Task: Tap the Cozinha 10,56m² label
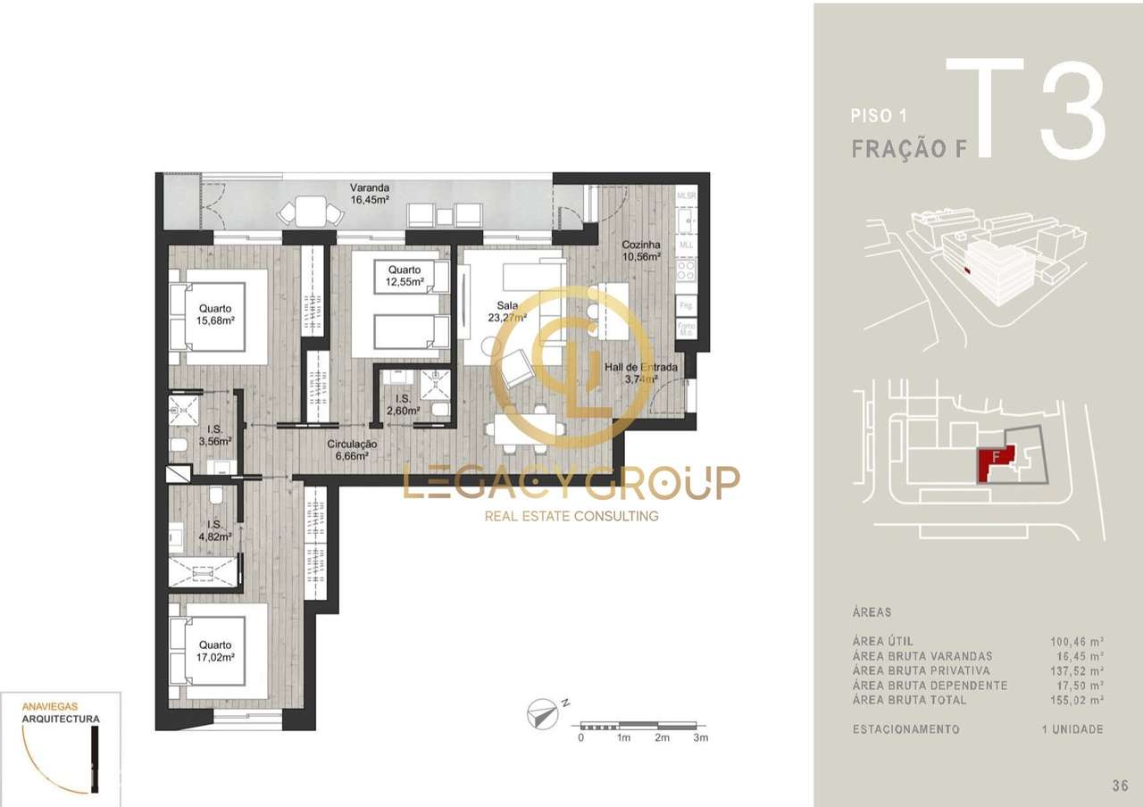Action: [641, 250]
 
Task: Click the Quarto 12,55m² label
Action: [404, 276]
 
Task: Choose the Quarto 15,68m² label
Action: [215, 313]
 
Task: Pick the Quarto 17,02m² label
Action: [215, 651]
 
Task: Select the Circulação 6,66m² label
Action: [352, 450]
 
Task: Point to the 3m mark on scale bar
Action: [700, 738]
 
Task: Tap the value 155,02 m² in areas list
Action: [1077, 700]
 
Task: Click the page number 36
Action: [1120, 786]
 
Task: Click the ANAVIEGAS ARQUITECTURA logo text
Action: [61, 711]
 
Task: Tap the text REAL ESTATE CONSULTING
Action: [571, 516]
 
